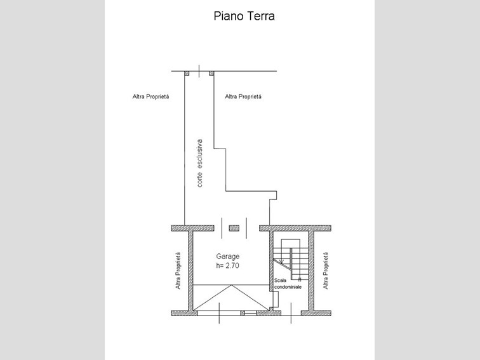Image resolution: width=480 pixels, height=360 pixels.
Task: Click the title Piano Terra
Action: tap(244, 17)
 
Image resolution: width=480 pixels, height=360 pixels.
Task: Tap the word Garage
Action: tap(228, 257)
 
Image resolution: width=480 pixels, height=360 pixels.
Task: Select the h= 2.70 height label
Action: tap(227, 265)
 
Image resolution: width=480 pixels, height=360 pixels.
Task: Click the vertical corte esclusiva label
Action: tap(199, 163)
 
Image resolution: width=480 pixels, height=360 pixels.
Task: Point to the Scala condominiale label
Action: tap(288, 284)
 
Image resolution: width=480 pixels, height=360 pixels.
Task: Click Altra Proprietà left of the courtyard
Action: tap(150, 97)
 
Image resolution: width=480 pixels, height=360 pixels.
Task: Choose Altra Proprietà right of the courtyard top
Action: tap(243, 97)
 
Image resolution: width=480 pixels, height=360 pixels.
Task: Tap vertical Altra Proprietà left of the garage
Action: tap(178, 270)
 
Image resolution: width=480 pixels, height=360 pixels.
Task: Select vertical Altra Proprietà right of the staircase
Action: tap(326, 270)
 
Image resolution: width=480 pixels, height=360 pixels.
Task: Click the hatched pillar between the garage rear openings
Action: tap(234, 228)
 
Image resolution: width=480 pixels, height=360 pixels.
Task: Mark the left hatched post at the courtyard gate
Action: tap(187, 74)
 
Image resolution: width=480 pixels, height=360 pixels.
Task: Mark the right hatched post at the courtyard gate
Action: tap(211, 74)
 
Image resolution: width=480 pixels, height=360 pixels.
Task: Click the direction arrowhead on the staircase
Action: tap(283, 261)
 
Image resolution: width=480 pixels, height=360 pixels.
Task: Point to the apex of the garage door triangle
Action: tap(232, 285)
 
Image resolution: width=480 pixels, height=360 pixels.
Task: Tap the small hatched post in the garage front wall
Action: tap(243, 313)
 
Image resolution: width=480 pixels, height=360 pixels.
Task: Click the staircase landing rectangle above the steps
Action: tap(290, 243)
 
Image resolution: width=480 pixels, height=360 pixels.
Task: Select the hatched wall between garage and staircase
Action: tap(271, 261)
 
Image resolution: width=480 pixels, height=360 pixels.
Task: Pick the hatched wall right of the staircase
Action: tap(311, 271)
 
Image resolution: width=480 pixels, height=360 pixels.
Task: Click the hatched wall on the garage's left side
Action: tap(190, 271)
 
